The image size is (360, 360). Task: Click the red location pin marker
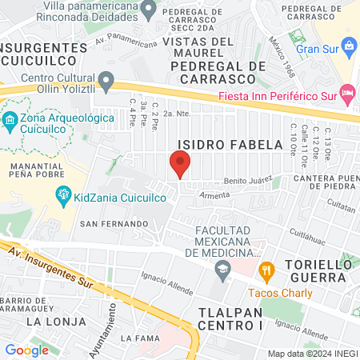click(x=180, y=165)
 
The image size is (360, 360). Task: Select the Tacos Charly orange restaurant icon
click(x=267, y=270)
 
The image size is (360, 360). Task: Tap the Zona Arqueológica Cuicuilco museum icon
click(x=10, y=122)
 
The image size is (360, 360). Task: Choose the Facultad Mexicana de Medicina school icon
click(x=221, y=271)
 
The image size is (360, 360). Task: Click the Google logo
click(x=26, y=350)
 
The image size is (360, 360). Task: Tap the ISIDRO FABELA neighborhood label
click(x=230, y=145)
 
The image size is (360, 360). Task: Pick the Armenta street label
click(x=214, y=194)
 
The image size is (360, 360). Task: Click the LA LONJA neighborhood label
click(x=55, y=321)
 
